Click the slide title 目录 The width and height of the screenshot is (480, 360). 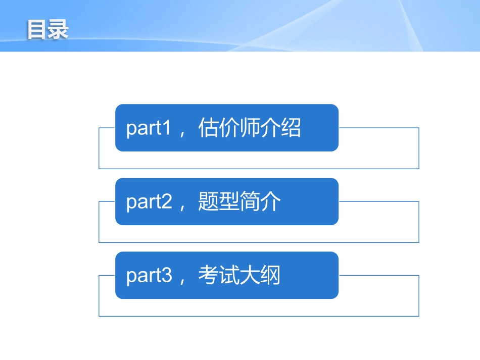point(47,30)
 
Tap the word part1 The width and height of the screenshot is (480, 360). point(149,128)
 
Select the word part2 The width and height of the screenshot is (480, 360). point(149,202)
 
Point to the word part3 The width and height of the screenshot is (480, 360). point(149,276)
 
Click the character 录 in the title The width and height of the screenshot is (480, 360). point(58,30)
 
